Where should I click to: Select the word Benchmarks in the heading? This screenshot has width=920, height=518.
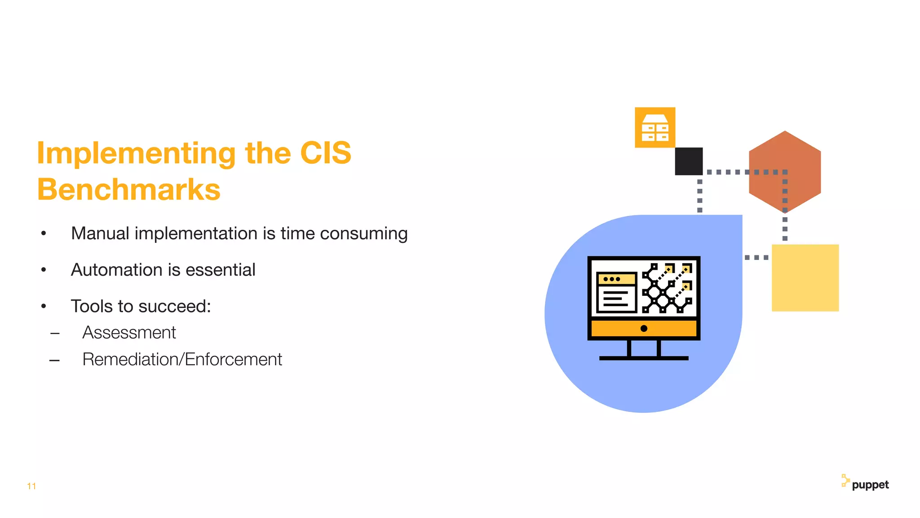128,189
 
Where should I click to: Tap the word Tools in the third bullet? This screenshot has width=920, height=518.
92,306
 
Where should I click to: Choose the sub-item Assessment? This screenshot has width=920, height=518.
129,333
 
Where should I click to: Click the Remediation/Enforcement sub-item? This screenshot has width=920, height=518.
182,359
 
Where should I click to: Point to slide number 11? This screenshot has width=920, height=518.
31,486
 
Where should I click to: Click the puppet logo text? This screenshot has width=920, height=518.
870,485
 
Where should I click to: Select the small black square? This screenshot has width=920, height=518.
689,161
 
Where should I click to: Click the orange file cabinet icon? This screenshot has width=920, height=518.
655,127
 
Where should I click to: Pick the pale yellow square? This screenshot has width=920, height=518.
805,278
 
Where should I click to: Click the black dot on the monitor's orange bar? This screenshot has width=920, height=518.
644,328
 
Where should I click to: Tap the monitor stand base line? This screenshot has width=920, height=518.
644,358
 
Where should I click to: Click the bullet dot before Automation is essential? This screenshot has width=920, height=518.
44,270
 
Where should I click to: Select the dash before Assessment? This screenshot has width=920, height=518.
55,334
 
